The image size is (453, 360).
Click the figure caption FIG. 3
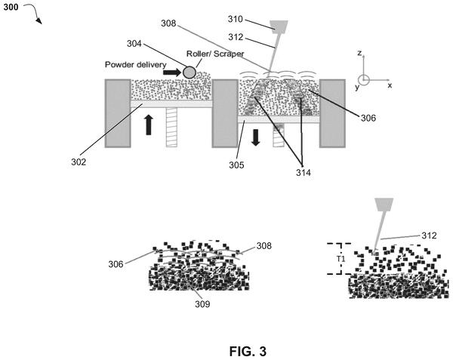pos(248,352)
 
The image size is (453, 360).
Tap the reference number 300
pos(11,8)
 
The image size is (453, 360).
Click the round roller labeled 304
pos(190,72)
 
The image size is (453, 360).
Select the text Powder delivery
pos(135,64)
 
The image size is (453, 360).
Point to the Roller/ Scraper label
pos(215,54)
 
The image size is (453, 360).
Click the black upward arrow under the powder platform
pos(149,125)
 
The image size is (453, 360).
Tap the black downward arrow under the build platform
pos(256,137)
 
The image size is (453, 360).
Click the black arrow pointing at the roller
pos(172,72)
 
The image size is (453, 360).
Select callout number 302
pos(79,162)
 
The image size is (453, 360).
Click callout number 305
pos(236,165)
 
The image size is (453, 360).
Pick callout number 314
pos(304,172)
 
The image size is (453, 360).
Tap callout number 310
pos(236,19)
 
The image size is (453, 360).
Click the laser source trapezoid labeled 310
pos(279,26)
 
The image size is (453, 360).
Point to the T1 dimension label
pos(341,259)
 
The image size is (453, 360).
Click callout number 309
pos(202,304)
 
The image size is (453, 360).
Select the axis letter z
pos(359,53)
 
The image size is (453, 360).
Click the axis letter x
pos(390,85)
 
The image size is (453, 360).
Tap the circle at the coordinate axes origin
pos(364,80)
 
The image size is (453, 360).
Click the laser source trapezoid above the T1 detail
pos(384,204)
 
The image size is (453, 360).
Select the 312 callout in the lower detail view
pos(429,235)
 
